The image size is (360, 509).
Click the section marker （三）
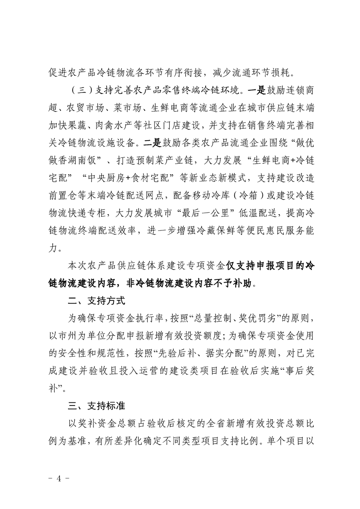point(74,88)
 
